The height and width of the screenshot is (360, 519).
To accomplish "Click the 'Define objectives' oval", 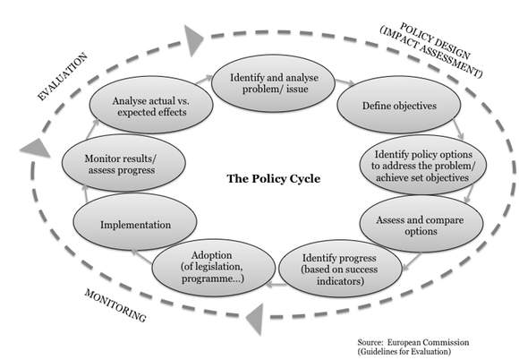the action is [x=399, y=105].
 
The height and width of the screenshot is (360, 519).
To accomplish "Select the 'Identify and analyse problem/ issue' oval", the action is [x=274, y=83].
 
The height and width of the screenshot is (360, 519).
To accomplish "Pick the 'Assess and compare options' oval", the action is [x=421, y=224].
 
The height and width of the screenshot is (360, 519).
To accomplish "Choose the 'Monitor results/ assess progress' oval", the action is [x=123, y=163].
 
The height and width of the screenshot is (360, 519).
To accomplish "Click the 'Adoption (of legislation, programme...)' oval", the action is [x=214, y=268].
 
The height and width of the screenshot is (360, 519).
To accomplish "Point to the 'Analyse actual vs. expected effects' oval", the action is [x=151, y=105].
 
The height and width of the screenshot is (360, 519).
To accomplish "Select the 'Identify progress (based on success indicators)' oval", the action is [x=341, y=269].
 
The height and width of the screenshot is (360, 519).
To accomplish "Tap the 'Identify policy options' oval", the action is [x=423, y=165].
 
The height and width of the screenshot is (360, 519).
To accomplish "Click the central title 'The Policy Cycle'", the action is [x=274, y=179].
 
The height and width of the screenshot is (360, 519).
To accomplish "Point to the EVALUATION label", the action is [x=63, y=76].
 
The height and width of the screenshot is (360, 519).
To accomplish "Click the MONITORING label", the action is [x=115, y=305].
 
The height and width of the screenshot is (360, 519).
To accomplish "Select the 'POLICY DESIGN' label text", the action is [x=435, y=40].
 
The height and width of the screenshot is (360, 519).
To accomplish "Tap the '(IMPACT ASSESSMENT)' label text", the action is [x=431, y=53].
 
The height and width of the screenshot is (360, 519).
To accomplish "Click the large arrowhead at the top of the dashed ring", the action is [x=193, y=40].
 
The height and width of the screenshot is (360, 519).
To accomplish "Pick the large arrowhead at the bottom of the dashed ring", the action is [x=255, y=319].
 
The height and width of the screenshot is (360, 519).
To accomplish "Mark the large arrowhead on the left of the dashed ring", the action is [x=35, y=148].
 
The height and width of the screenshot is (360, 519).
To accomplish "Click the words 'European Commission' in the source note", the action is [x=429, y=342].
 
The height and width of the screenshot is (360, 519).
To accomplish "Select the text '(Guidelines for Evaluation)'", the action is [x=404, y=351].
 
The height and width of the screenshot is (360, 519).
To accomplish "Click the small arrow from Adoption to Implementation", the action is [x=141, y=257].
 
